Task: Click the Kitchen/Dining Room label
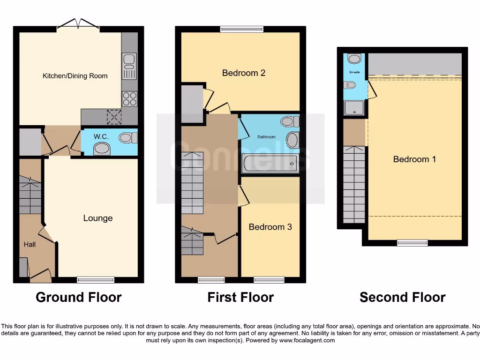(75, 75)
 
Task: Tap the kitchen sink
(129, 66)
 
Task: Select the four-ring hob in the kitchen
(129, 98)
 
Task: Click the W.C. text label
(101, 136)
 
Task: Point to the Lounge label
(98, 218)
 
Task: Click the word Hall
(30, 244)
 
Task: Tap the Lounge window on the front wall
(96, 280)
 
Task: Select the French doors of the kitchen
(78, 24)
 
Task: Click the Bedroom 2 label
(244, 73)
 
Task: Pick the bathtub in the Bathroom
(270, 164)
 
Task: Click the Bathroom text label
(266, 137)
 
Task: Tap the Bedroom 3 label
(270, 227)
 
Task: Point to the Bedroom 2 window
(242, 29)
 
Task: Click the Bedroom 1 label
(414, 159)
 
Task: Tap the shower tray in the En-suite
(354, 109)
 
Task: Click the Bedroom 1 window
(412, 242)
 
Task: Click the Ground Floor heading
(78, 297)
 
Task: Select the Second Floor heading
(402, 297)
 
